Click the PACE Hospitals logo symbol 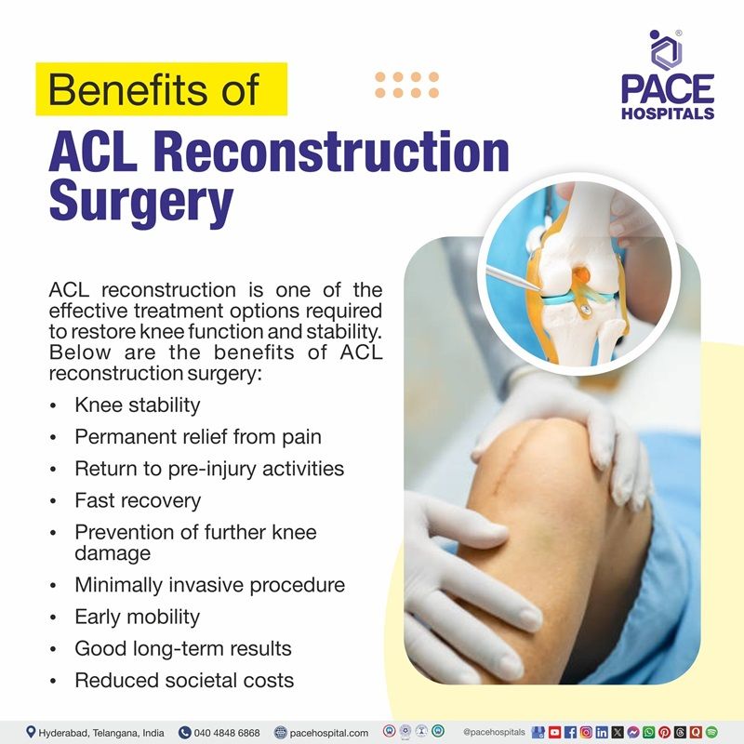(666, 47)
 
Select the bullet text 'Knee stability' (138, 405)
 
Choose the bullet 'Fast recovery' (138, 500)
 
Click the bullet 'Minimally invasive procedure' (209, 585)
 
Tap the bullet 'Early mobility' (138, 617)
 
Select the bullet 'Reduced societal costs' (184, 680)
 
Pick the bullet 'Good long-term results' (183, 648)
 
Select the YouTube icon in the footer (554, 733)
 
